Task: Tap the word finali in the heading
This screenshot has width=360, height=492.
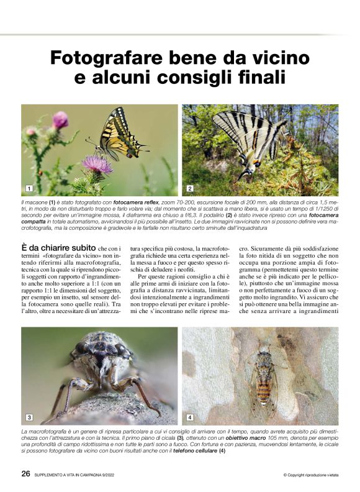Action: pos(256,79)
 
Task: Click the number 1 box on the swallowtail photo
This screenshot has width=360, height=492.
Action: pos(28,188)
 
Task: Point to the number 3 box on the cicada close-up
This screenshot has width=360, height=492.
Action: pos(28,417)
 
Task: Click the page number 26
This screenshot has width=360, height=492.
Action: pos(26,473)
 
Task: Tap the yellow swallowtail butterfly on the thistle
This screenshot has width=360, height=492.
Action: pos(119,134)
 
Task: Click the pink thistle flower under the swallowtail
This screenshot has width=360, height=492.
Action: pos(97,165)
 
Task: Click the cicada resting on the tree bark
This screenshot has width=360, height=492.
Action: pos(263,376)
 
